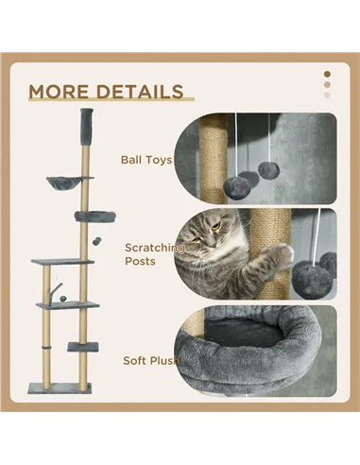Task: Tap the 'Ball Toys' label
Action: point(146,160)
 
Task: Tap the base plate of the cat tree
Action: point(60,387)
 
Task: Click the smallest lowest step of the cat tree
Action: point(84,345)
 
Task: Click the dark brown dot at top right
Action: point(327,73)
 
